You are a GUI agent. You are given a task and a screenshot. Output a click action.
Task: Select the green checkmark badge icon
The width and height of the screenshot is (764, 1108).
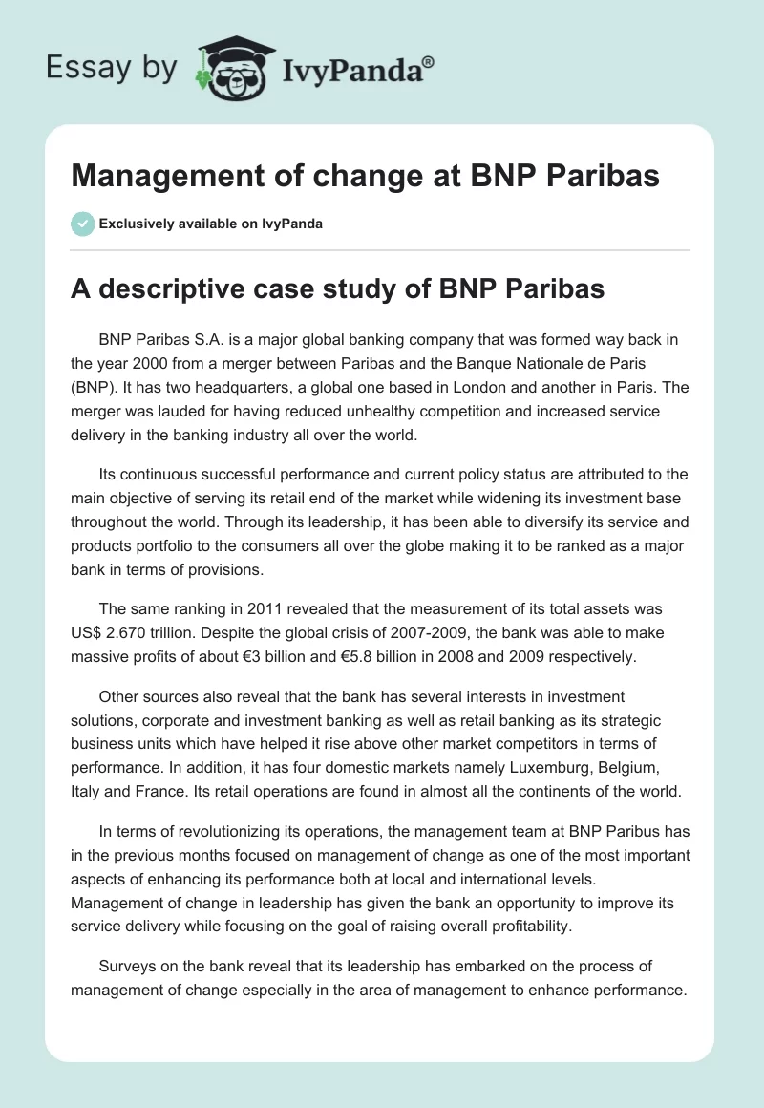pyautogui.click(x=82, y=224)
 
